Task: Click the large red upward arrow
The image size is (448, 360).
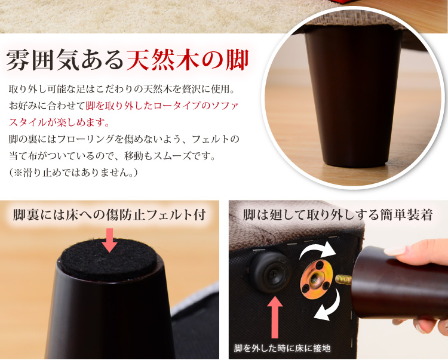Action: click(275, 317)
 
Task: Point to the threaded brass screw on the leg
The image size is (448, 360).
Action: click(343, 279)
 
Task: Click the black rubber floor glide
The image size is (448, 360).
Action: click(269, 272)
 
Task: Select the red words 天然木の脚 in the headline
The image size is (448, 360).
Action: click(187, 60)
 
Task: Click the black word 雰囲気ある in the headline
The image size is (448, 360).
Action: click(65, 60)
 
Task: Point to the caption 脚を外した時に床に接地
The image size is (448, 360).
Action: click(283, 348)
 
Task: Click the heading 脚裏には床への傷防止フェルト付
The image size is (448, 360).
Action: click(109, 215)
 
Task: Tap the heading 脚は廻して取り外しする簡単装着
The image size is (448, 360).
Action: click(337, 215)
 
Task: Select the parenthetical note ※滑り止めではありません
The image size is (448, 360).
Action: click(73, 173)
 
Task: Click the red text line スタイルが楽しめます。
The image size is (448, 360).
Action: click(59, 123)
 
